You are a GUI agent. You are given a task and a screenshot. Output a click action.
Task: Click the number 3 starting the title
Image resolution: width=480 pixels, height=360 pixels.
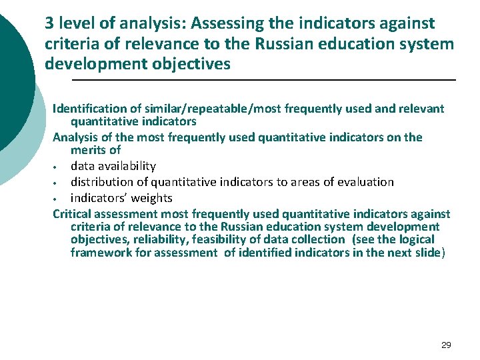coord(49,23)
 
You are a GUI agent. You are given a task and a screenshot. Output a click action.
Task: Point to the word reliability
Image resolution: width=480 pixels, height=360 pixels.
coord(155,239)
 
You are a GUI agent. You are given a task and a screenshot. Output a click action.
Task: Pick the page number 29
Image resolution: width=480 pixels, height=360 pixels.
coord(446,345)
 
